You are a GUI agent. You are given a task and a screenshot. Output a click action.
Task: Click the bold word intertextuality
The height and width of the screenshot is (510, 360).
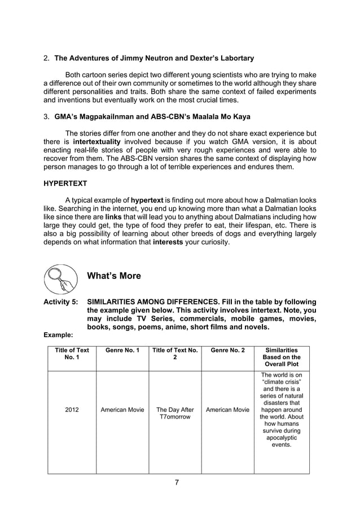[x=100, y=142]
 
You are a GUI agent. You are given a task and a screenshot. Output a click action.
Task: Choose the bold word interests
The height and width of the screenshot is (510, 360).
[x=170, y=242]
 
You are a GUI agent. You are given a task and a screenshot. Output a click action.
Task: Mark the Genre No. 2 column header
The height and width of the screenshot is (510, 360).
[x=227, y=350]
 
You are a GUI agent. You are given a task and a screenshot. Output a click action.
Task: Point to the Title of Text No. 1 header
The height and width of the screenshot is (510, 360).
[x=72, y=354]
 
